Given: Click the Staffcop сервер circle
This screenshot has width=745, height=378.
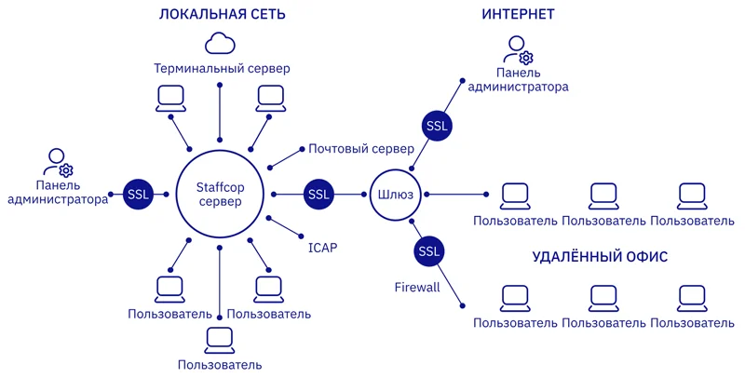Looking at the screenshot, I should (219, 195).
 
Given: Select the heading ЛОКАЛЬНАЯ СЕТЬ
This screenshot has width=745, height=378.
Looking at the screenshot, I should (222, 15).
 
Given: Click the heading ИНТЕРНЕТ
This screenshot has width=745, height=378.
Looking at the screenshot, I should (518, 15).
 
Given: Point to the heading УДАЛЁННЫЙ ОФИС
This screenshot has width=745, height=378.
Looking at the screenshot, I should (600, 257).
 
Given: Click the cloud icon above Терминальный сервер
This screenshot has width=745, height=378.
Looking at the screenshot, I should (221, 44).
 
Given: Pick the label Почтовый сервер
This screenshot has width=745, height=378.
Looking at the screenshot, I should (361, 149).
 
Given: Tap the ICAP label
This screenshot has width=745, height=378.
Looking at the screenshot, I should (322, 248).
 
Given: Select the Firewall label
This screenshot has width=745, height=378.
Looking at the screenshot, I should (416, 288).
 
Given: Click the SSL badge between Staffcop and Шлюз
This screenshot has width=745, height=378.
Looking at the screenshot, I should (319, 195).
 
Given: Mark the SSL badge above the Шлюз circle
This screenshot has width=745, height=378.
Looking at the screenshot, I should (436, 125).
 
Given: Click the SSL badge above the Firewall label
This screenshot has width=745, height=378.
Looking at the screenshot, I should (428, 251).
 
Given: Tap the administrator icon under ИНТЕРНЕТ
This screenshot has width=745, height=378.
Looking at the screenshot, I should (518, 49).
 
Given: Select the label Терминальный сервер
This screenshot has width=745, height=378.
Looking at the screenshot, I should (222, 70).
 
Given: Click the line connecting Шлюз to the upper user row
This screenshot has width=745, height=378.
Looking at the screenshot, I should (455, 195).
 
